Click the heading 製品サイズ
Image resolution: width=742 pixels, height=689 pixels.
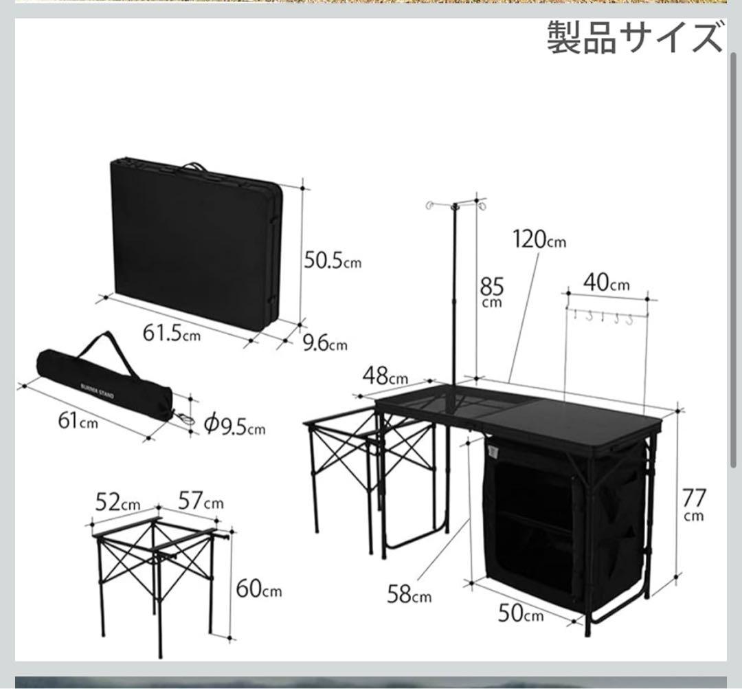[x=635, y=38]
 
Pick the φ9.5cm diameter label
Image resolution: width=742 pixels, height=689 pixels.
[x=234, y=426]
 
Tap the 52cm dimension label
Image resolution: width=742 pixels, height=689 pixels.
[x=117, y=503]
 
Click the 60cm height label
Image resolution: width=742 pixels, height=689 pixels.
[x=258, y=589]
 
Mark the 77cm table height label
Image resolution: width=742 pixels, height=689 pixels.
[x=694, y=503]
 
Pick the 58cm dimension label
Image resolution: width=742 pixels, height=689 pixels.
[x=409, y=593]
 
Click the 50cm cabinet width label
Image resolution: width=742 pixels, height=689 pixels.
[x=520, y=613]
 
